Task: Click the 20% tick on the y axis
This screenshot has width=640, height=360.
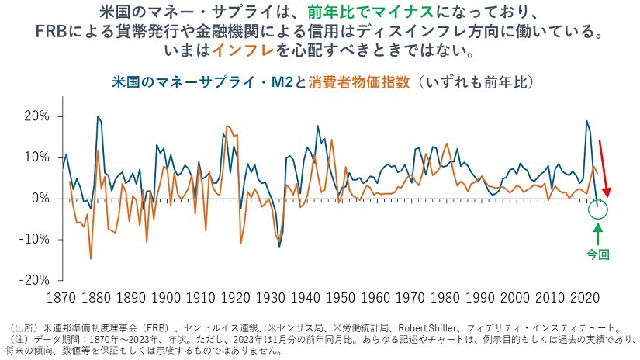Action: point(36,116)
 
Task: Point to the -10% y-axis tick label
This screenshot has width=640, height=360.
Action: point(34,239)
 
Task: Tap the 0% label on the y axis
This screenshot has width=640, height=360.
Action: point(40,199)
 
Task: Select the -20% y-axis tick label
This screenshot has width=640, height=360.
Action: point(34,280)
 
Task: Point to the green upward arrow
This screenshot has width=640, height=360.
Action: point(597,234)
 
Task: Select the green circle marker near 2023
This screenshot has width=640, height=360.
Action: point(598,209)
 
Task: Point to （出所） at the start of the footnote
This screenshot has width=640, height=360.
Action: point(21,328)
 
